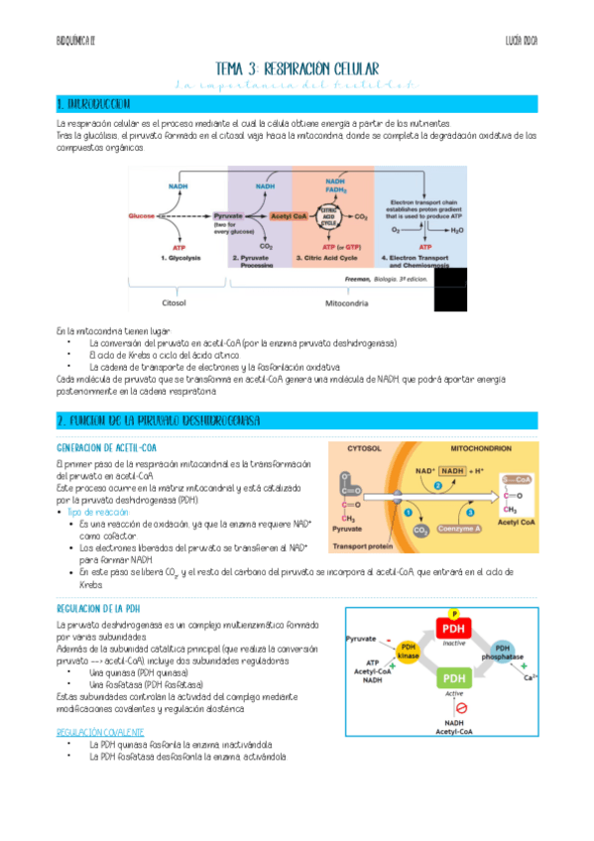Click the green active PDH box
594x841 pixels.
point(450,677)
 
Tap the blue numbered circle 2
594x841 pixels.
point(437,485)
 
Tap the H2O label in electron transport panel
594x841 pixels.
point(455,228)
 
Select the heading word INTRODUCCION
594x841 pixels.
point(99,104)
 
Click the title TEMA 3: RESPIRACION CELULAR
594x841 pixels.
point(297,68)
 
